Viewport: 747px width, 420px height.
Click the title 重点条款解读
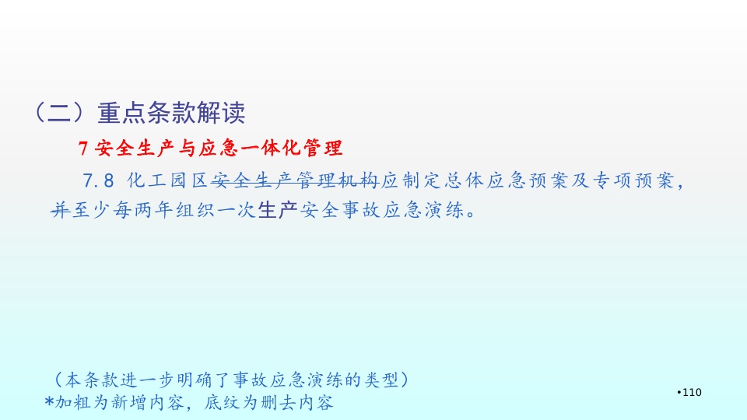tap(171, 114)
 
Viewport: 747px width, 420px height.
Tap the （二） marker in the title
tap(60, 114)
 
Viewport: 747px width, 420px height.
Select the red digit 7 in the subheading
tap(83, 148)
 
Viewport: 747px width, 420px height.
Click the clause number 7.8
tap(98, 181)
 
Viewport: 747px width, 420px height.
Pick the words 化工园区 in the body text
tap(168, 181)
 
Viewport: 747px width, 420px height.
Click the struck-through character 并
tap(61, 209)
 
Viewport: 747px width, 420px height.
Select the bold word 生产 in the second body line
tap(278, 209)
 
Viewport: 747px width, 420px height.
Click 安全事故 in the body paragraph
tap(341, 209)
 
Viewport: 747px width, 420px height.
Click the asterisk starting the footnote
tap(49, 401)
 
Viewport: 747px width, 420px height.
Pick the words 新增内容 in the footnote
tap(148, 403)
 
